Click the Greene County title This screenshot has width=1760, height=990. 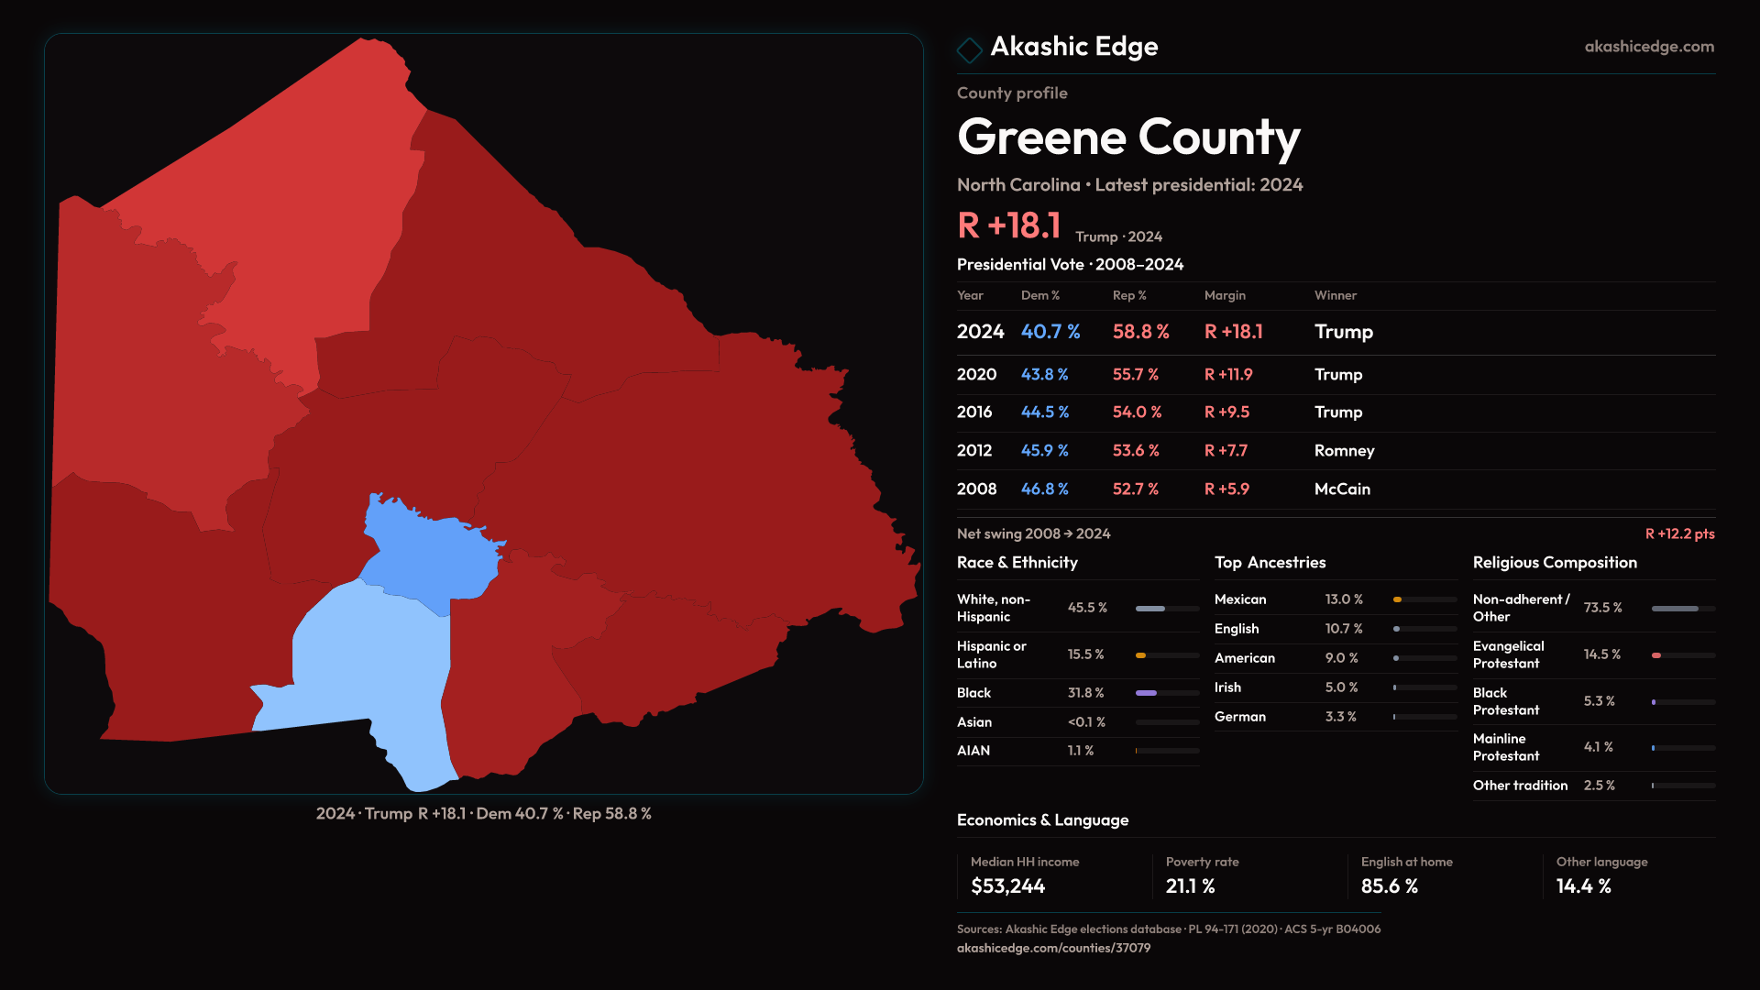[1128, 137]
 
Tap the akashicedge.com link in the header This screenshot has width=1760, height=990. [1649, 46]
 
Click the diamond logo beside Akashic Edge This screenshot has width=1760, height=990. [969, 49]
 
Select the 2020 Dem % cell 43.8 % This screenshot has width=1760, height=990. [1044, 374]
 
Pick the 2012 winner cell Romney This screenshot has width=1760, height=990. [1344, 450]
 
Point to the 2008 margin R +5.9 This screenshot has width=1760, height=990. [1226, 489]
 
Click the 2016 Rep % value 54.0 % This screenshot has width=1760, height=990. [1137, 412]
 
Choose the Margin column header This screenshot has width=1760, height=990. [1225, 295]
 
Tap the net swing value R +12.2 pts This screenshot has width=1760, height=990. [1679, 533]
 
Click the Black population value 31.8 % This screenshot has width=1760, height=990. [1085, 693]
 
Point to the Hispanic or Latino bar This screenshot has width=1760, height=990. [1167, 655]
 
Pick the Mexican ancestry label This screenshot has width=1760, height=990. [1240, 599]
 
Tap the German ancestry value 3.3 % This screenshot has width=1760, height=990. [1340, 717]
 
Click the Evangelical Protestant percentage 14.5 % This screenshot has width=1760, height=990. [1601, 654]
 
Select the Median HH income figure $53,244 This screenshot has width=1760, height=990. [1007, 886]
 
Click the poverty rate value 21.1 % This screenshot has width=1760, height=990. [1190, 886]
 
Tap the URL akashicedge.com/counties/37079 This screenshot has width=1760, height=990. [1053, 948]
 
